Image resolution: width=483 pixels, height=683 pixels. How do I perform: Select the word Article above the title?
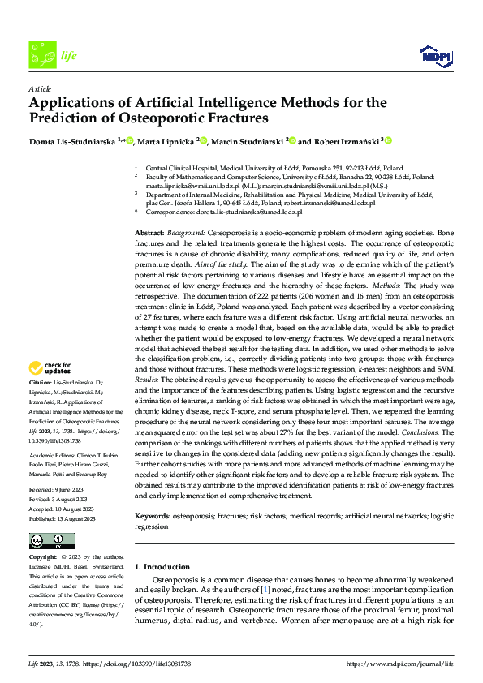point(39,88)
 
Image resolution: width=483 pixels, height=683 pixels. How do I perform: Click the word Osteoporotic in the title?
point(183,118)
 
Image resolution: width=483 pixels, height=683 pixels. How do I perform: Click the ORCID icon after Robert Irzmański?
point(388,140)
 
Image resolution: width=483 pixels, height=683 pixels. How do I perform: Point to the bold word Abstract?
point(151,233)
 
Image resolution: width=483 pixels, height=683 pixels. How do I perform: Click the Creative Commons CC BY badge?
point(51,540)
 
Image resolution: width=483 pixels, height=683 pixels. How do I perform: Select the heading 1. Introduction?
point(162,566)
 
